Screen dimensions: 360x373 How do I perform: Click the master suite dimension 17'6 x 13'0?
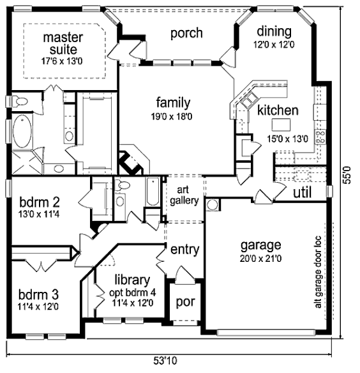[x=62, y=61]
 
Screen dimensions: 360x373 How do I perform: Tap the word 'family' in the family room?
[x=173, y=103]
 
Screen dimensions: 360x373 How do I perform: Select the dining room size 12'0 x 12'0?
[x=274, y=45]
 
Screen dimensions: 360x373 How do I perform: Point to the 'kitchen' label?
[x=278, y=110]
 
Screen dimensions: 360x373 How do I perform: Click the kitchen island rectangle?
[x=281, y=125]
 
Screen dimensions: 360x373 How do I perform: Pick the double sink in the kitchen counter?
[x=249, y=100]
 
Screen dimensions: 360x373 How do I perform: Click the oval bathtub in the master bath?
[x=22, y=131]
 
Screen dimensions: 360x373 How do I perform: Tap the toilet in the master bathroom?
[x=20, y=102]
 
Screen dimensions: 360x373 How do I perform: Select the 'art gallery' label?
[x=184, y=195]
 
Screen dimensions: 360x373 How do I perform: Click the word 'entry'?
[x=184, y=250]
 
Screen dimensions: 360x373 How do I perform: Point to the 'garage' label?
[x=260, y=246]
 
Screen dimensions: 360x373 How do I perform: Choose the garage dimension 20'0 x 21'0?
[x=260, y=259]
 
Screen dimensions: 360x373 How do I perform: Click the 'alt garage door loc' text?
[x=318, y=272]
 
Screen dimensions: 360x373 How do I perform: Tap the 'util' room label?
[x=302, y=192]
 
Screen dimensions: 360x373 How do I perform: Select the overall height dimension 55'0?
[x=347, y=175]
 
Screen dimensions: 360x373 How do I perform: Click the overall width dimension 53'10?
[x=165, y=361]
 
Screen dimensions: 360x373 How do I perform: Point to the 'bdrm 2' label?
[x=40, y=202]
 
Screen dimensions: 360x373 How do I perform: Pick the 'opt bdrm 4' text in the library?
[x=132, y=293]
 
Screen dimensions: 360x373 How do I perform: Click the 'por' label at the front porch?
[x=186, y=302]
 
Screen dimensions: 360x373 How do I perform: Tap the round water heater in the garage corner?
[x=212, y=205]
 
